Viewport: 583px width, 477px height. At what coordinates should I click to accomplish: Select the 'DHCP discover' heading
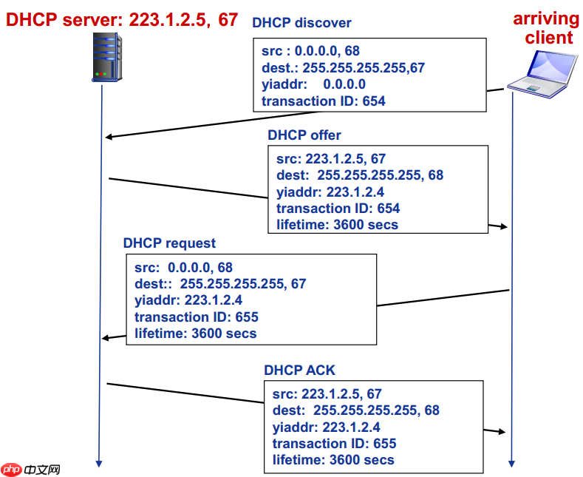pyautogui.click(x=301, y=23)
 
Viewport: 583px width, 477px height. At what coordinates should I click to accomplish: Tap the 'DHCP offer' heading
pyautogui.click(x=304, y=135)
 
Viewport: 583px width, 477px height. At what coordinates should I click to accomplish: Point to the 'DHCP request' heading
pyautogui.click(x=169, y=243)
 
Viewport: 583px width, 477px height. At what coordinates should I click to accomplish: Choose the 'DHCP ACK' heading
pyautogui.click(x=299, y=370)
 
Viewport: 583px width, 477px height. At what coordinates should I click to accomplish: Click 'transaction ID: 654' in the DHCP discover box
pyautogui.click(x=324, y=101)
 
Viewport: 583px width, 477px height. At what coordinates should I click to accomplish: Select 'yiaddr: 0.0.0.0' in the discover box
pyautogui.click(x=313, y=84)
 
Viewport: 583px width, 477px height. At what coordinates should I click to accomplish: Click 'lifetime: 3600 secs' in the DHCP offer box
pyautogui.click(x=337, y=225)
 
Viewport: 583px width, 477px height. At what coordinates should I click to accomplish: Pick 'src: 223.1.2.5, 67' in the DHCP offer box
pyautogui.click(x=330, y=159)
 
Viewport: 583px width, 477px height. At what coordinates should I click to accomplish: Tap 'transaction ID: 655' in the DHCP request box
pyautogui.click(x=197, y=317)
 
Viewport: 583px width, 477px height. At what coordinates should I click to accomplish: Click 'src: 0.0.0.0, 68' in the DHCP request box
pyautogui.click(x=183, y=268)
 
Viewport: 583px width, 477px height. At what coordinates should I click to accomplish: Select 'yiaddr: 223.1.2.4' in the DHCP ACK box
pyautogui.click(x=326, y=427)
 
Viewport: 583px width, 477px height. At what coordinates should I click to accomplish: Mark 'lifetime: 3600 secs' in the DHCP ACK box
pyautogui.click(x=333, y=460)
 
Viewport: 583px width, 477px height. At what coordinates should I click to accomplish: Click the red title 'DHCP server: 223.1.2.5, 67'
pyautogui.click(x=123, y=20)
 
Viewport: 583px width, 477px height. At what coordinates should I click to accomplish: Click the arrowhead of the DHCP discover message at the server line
pyautogui.click(x=109, y=137)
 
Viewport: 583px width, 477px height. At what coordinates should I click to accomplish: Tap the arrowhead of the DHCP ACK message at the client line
pyautogui.click(x=505, y=431)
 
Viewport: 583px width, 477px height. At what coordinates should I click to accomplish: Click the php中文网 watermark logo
pyautogui.click(x=31, y=470)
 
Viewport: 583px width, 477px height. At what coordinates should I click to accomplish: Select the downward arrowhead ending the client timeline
pyautogui.click(x=511, y=463)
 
